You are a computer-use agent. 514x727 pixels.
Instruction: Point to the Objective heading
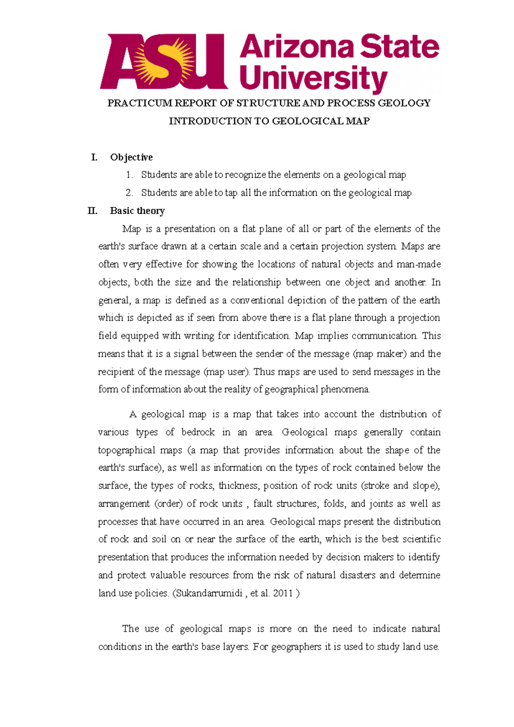[x=131, y=158]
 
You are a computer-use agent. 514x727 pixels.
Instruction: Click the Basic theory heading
[x=137, y=211]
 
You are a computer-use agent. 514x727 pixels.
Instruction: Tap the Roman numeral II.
[x=93, y=211]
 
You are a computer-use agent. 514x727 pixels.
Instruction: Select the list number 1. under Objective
[x=129, y=175]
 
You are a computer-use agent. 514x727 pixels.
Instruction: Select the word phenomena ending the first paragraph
[x=345, y=390]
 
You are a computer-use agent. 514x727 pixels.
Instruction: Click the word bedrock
[x=198, y=432]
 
